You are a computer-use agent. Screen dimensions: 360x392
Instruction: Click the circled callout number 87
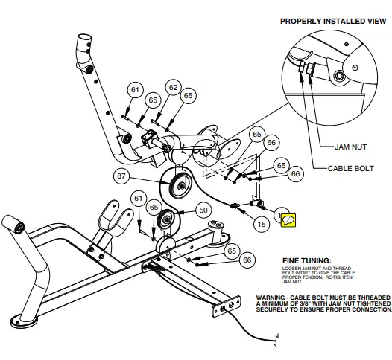tap(122, 176)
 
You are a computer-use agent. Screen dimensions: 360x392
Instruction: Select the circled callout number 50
tap(202, 210)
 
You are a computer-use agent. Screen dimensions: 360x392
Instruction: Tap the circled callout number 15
tap(262, 222)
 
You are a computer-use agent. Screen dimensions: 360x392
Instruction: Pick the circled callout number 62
tap(173, 88)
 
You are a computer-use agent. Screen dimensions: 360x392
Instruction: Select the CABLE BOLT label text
tap(350, 169)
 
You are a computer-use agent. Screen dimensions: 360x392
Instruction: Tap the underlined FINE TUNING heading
tap(307, 260)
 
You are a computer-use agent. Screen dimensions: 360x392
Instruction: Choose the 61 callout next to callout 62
tap(134, 90)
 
